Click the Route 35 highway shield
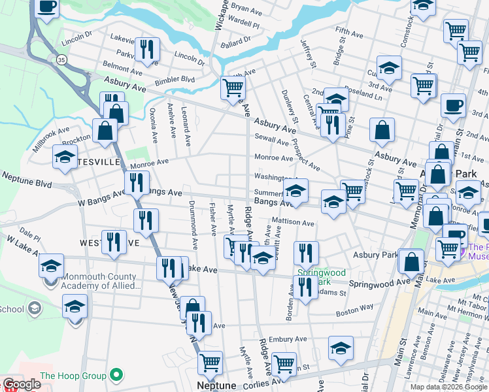pyautogui.click(x=61, y=59)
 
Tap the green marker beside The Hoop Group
pyautogui.click(x=116, y=375)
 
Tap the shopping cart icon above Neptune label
pyautogui.click(x=210, y=363)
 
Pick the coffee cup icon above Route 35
pyautogui.click(x=46, y=7)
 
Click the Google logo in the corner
pyautogui.click(x=21, y=384)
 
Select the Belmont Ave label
pyautogui.click(x=122, y=67)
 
